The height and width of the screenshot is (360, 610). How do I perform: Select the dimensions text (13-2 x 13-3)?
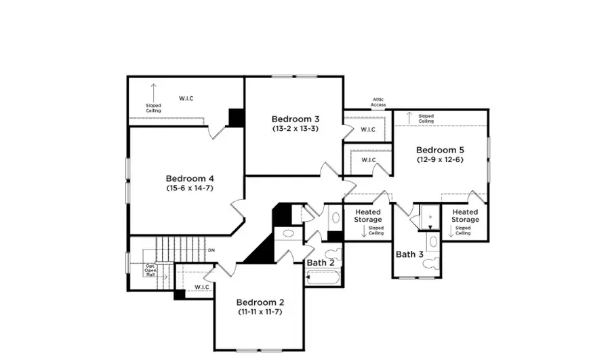coord(295,128)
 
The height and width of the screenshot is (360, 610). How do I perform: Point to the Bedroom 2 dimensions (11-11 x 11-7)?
coord(260,312)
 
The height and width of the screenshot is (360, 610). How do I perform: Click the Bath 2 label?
coord(320,262)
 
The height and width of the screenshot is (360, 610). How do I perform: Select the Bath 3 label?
coord(409,254)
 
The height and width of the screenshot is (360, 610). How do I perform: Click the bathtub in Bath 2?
coord(324,277)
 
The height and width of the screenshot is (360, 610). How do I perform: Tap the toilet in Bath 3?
coord(432,243)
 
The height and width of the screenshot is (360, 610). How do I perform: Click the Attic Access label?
coord(378,102)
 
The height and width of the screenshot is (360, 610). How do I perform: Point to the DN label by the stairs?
coord(211,250)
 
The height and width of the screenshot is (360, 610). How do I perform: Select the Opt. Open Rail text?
coord(150,271)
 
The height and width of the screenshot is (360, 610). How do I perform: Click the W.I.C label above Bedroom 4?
coord(186,98)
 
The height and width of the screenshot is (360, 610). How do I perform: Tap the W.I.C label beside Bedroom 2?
coord(201,287)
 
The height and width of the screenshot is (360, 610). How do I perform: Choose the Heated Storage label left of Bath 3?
coord(368,216)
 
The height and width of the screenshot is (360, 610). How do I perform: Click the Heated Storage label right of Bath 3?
coord(465,216)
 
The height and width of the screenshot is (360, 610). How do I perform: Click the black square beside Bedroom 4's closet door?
coord(236,117)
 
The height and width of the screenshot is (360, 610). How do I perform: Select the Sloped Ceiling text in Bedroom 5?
coord(426,119)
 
